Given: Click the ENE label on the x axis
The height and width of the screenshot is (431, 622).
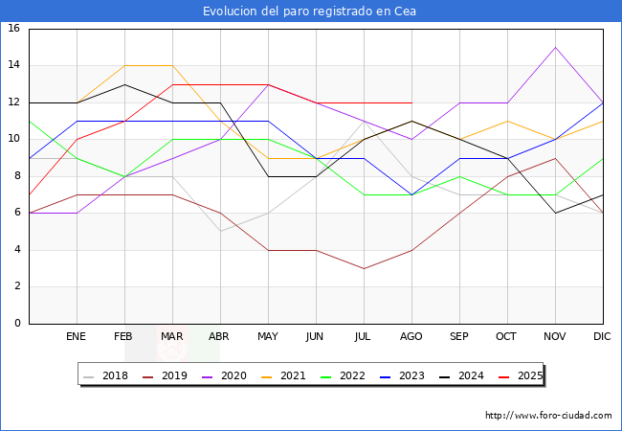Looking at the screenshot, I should coord(77,337).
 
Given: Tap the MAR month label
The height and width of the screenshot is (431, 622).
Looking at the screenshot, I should coord(172,337).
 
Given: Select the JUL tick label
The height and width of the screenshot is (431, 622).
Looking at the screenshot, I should coord(364,337).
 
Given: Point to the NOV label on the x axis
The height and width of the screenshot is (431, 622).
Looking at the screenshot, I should coord(555,337).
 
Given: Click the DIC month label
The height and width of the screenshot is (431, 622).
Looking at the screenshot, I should coord(603,337).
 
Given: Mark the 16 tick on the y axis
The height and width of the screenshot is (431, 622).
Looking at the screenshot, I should coord(14,29).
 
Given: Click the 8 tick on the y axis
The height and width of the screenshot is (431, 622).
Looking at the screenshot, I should coord(17,176).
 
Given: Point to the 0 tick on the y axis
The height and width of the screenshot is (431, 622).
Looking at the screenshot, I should coord(17,324).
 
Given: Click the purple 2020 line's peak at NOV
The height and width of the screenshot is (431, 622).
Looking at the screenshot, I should coord(555,47).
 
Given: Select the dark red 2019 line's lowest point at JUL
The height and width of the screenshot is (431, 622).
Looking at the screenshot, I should coord(364,268).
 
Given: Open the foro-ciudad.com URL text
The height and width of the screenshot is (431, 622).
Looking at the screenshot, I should coord(548,416).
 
